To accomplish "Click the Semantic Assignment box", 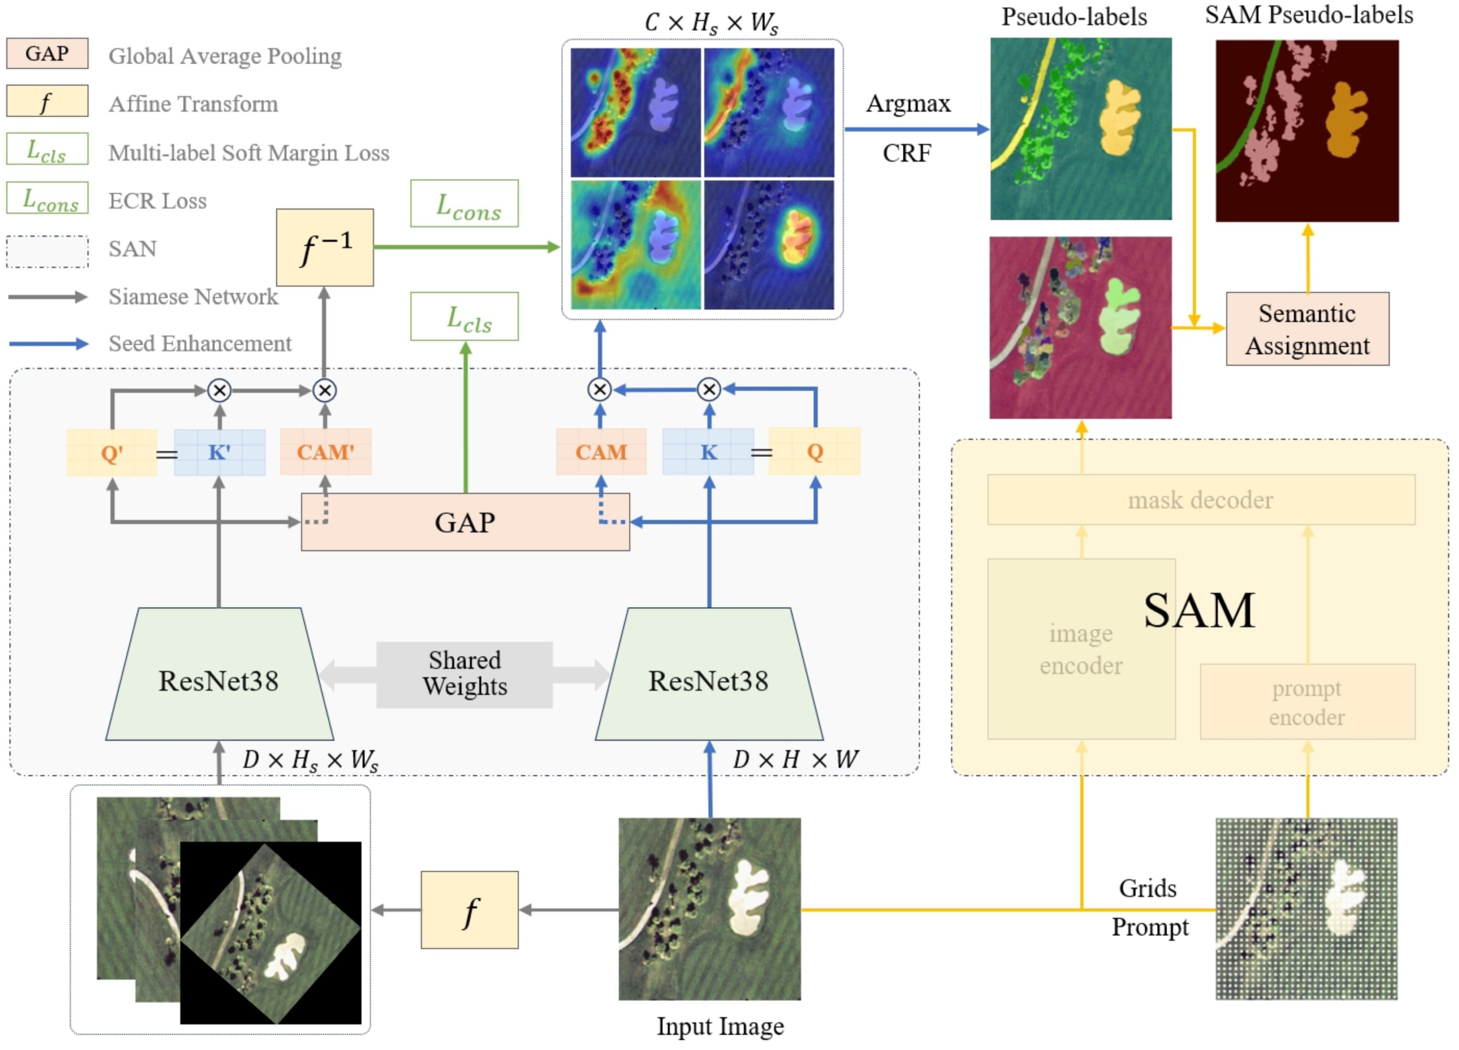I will [x=1307, y=329].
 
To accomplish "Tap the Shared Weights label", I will [x=464, y=673].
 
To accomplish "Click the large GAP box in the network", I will [x=464, y=522].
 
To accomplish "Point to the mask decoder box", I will [x=1201, y=499].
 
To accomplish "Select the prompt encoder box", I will [x=1307, y=701].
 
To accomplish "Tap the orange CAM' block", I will [x=325, y=452].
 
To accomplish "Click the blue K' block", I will [x=219, y=452].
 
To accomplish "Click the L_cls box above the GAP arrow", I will [x=464, y=317].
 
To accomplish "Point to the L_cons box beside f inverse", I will [x=464, y=203].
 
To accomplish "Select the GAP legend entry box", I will [x=47, y=54].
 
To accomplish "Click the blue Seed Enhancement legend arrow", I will [x=48, y=343].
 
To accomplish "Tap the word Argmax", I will [x=908, y=104].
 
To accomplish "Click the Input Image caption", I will [x=720, y=1026].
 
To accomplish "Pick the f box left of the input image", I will [x=469, y=909].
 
